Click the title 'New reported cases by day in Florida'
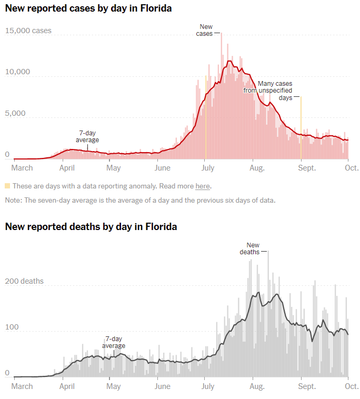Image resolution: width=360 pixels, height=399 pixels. (x=88, y=8)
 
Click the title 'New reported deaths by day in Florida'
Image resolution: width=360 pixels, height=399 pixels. (x=91, y=227)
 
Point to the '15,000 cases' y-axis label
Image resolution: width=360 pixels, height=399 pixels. (x=28, y=31)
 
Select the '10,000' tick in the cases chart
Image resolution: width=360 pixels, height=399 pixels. (x=18, y=72)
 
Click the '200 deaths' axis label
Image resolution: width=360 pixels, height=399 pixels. (x=24, y=281)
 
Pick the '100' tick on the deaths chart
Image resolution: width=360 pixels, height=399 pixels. (x=12, y=327)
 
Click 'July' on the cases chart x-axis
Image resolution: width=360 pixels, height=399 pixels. (x=207, y=168)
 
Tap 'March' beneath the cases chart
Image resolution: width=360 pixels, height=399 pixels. (x=22, y=168)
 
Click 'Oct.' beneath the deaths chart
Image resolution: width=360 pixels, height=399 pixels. (x=352, y=386)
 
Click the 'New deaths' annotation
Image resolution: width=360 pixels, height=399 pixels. (x=253, y=248)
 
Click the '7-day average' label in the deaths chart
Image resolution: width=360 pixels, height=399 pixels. (x=114, y=342)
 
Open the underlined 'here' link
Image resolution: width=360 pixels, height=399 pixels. (x=202, y=186)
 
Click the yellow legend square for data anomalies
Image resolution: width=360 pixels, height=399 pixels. (x=7, y=186)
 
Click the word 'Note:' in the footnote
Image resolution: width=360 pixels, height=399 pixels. (x=14, y=200)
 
